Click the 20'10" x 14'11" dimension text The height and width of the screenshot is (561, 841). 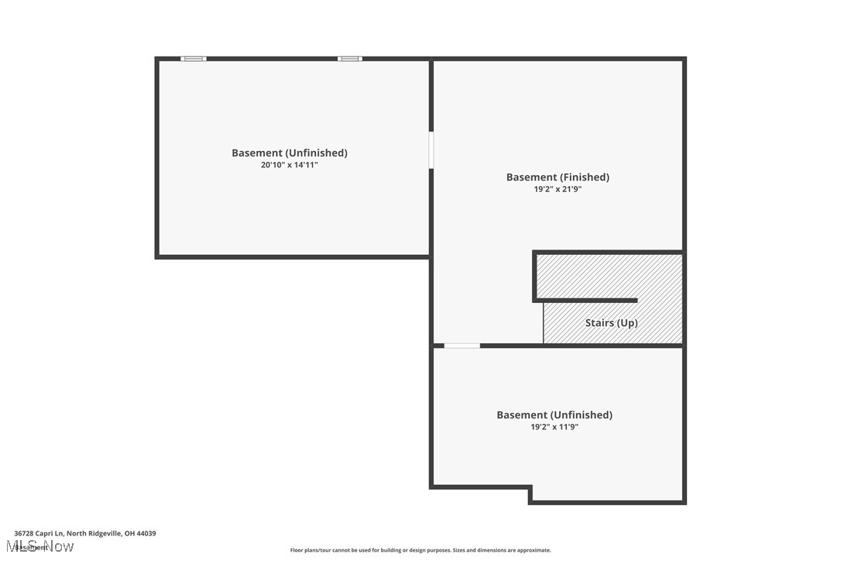[289, 165]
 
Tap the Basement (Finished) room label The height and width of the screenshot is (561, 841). [558, 177]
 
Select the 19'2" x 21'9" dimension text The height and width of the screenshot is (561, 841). [558, 189]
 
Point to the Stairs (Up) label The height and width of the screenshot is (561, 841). [611, 323]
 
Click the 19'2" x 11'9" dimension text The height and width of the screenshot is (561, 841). [554, 427]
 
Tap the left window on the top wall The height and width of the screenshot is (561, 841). [194, 59]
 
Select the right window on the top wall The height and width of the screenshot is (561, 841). [349, 59]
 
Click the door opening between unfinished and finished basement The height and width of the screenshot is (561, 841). [431, 150]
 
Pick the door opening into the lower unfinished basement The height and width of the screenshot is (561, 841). [462, 346]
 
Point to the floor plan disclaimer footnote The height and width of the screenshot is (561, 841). [420, 550]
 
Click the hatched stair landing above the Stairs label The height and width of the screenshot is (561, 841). [609, 276]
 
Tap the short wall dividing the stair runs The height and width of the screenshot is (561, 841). [589, 301]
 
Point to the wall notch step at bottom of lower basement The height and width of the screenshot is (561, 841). [530, 494]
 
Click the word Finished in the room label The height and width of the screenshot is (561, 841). [583, 177]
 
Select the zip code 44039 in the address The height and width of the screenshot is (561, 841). [146, 533]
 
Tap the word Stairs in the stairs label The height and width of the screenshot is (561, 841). [599, 323]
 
